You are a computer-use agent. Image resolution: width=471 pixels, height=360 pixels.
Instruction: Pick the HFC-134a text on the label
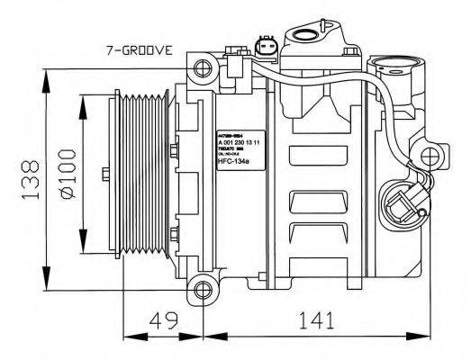click(x=237, y=163)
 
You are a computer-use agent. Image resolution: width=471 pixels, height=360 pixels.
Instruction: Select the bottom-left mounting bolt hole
click(x=199, y=290)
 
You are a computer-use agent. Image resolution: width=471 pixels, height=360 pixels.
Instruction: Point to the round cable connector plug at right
click(x=404, y=204)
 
